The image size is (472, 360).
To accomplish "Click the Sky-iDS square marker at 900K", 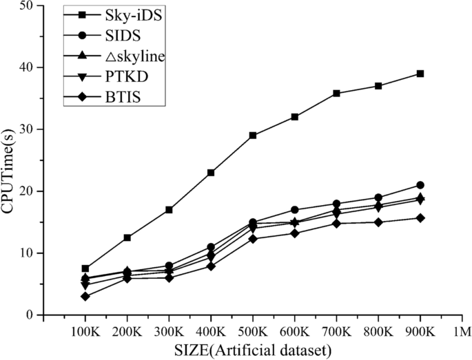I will [420, 74].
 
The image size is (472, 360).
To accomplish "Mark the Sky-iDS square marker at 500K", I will [253, 136].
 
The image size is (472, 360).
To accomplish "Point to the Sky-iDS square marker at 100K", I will [85, 268].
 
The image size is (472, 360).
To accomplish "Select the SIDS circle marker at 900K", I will [420, 185].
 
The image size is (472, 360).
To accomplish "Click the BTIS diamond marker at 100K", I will [85, 296].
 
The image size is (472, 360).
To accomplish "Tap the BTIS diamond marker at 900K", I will [420, 218].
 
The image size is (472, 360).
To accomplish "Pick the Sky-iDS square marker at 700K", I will [336, 94].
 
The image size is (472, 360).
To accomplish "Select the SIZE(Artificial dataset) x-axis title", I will [252, 349].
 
